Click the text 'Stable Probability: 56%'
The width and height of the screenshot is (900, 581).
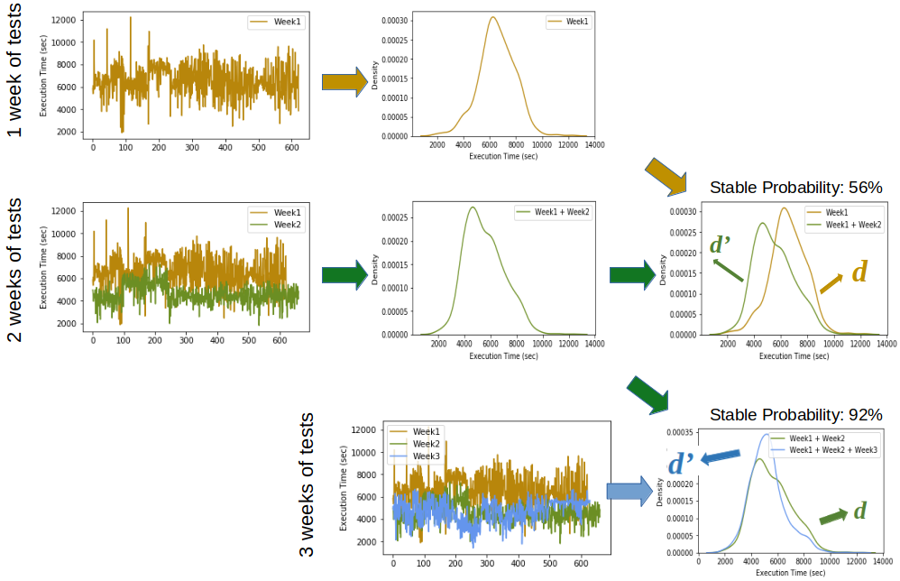coord(795,189)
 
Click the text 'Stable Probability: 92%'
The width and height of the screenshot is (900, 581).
coord(795,415)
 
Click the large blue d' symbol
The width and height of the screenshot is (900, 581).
coord(681,463)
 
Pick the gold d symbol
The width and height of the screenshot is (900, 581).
coord(859,271)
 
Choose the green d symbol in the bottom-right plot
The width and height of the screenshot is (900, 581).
coord(859,511)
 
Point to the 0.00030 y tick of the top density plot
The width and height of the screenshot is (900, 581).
coord(397,20)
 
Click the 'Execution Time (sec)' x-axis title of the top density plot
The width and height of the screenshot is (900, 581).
coord(504,156)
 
